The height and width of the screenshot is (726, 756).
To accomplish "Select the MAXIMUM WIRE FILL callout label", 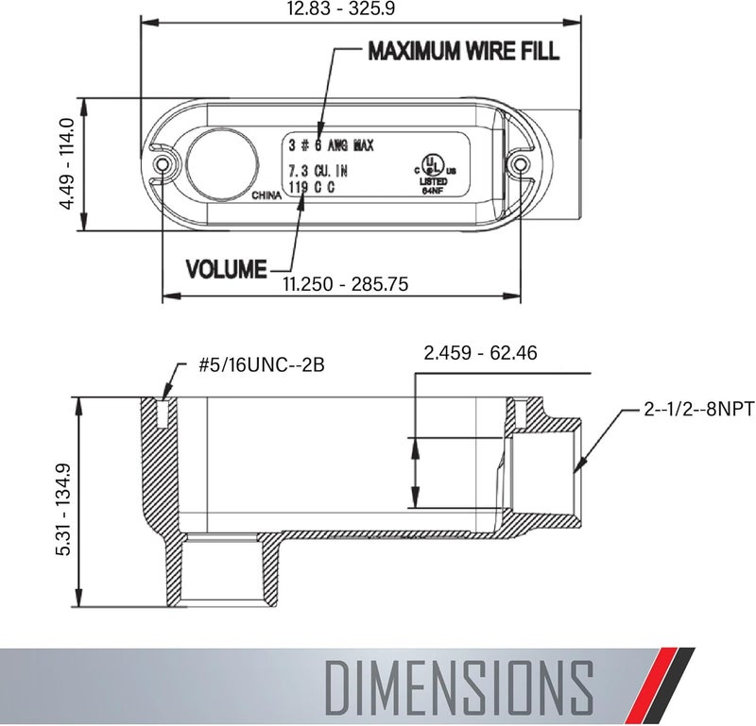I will [463, 51].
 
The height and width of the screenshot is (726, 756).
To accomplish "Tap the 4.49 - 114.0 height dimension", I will [66, 164].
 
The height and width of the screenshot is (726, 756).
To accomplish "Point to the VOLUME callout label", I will [226, 269].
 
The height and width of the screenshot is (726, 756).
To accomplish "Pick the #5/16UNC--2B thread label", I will [261, 366].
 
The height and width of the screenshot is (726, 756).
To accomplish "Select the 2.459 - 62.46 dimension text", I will [480, 354].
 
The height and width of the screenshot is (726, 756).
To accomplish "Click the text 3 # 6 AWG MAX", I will [331, 145].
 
